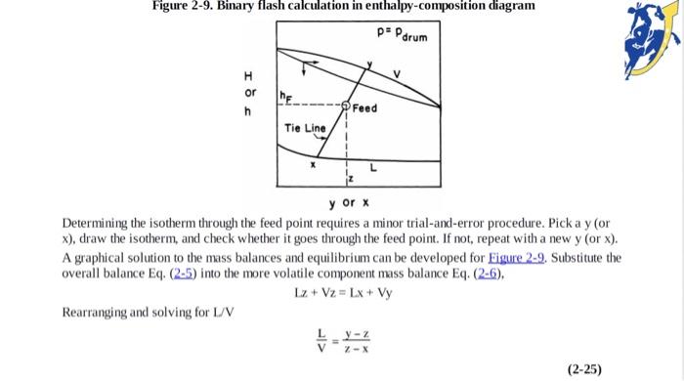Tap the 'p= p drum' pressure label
coord(399,38)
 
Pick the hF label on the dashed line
coord(285,97)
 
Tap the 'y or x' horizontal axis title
coord(348,202)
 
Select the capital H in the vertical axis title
coord(249,76)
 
